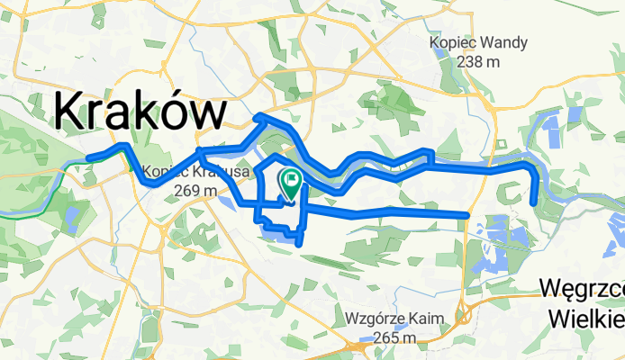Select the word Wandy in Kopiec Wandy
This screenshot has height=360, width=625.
pyautogui.click(x=505, y=42)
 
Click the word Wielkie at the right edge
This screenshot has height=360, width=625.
pyautogui.click(x=586, y=319)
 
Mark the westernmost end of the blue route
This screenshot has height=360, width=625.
pyautogui.click(x=88, y=159)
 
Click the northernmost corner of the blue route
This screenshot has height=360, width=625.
pyautogui.click(x=258, y=116)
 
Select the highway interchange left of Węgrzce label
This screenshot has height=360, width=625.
pyautogui.click(x=466, y=314)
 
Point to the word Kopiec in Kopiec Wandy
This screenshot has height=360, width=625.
pyautogui.click(x=457, y=42)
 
